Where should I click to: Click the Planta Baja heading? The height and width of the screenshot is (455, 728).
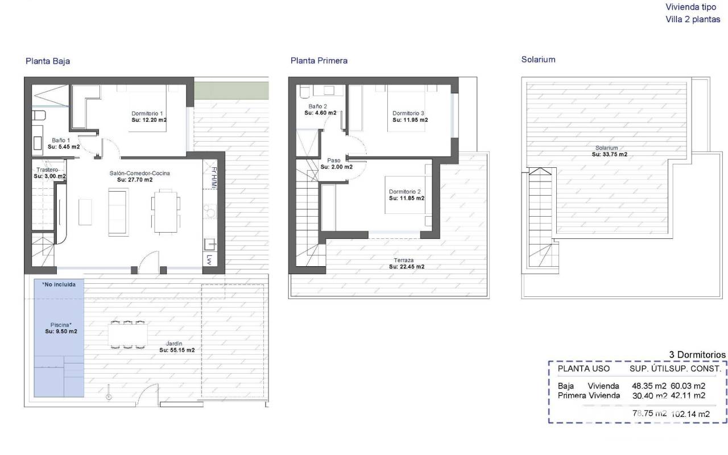pyautogui.click(x=48, y=61)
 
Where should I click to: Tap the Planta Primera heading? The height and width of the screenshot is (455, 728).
pyautogui.click(x=319, y=60)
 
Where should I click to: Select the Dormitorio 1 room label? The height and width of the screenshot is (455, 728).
pyautogui.click(x=147, y=113)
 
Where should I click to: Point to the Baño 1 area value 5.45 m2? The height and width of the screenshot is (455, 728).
pyautogui.click(x=64, y=147)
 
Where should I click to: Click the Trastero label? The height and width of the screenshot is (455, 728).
pyautogui.click(x=47, y=169)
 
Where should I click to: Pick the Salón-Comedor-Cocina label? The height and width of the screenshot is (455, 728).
pyautogui.click(x=139, y=173)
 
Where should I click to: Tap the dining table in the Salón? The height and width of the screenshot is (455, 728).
pyautogui.click(x=166, y=211)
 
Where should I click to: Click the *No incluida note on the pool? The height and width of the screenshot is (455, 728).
pyautogui.click(x=59, y=284)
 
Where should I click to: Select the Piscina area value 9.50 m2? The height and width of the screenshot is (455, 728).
pyautogui.click(x=61, y=332)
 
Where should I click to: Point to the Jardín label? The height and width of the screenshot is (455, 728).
pyautogui.click(x=174, y=344)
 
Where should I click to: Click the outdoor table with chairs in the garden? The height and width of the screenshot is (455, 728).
pyautogui.click(x=128, y=335)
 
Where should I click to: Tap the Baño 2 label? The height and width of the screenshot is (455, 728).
pyautogui.click(x=317, y=106)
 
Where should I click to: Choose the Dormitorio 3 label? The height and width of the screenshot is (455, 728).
pyautogui.click(x=408, y=113)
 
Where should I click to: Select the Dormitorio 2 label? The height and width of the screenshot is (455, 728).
pyautogui.click(x=404, y=192)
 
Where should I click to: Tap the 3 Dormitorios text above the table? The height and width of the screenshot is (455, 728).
pyautogui.click(x=697, y=354)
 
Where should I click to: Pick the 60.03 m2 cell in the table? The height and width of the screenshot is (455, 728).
pyautogui.click(x=688, y=386)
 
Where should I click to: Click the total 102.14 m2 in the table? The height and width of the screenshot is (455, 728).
pyautogui.click(x=690, y=414)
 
